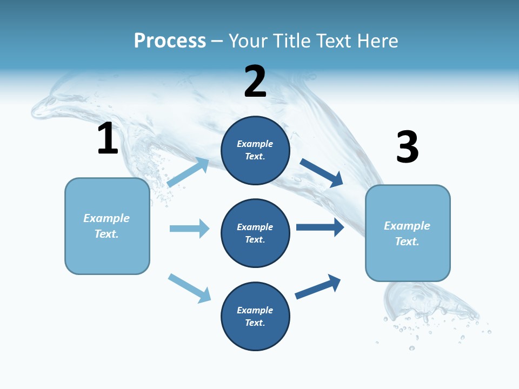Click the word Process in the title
[x=170, y=41]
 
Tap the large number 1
[x=108, y=138]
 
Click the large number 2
[x=255, y=81]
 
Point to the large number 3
[x=407, y=147]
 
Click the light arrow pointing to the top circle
[x=188, y=172]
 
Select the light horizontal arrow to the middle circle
[x=189, y=229]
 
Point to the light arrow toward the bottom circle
[x=189, y=288]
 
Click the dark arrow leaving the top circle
[x=322, y=173]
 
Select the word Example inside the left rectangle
[x=107, y=218]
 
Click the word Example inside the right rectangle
[x=407, y=226]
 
